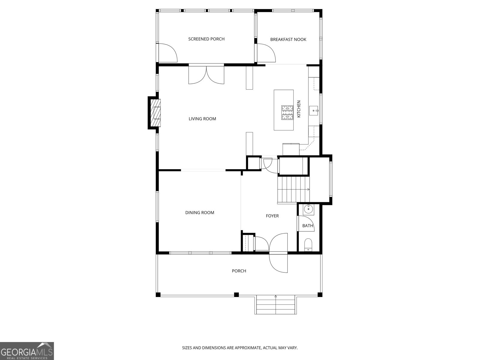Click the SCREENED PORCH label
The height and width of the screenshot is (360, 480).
point(206,39)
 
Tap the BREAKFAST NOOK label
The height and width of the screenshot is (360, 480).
point(288,40)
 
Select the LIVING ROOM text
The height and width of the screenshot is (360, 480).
point(202,119)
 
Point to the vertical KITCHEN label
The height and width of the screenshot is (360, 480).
point(299,109)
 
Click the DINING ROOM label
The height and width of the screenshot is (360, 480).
point(199,213)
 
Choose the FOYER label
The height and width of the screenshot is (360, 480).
point(272,216)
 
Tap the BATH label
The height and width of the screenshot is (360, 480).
point(307,226)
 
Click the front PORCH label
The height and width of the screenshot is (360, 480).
point(239,271)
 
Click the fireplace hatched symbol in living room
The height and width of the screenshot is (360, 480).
point(156,113)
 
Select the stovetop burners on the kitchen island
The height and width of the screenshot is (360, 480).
point(287,112)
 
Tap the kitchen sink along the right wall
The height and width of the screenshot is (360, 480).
point(314,111)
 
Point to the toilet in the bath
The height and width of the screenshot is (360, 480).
point(308,245)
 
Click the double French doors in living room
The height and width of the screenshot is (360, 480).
point(206,75)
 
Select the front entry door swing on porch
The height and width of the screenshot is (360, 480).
point(279,263)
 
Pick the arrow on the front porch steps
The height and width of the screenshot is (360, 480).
point(275,297)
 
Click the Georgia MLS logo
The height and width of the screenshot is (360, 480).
point(27,351)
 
